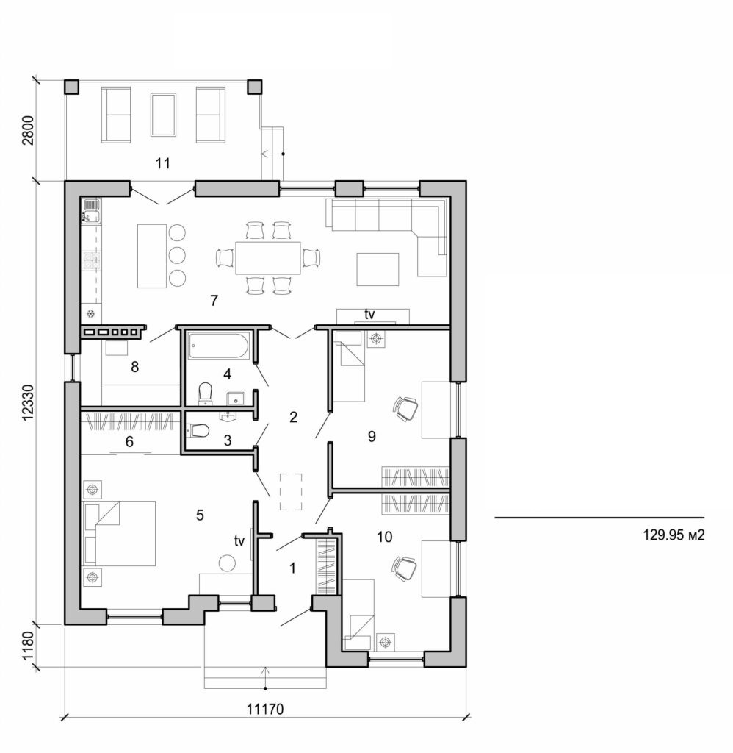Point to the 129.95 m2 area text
click(674, 536)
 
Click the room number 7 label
click(214, 300)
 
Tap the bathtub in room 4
click(219, 346)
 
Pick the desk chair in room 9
click(405, 407)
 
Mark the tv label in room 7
click(369, 314)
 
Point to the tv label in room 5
click(239, 540)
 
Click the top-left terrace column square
click(72, 87)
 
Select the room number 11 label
click(163, 163)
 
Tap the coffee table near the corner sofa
click(378, 268)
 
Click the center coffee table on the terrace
click(162, 114)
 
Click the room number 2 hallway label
click(293, 418)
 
